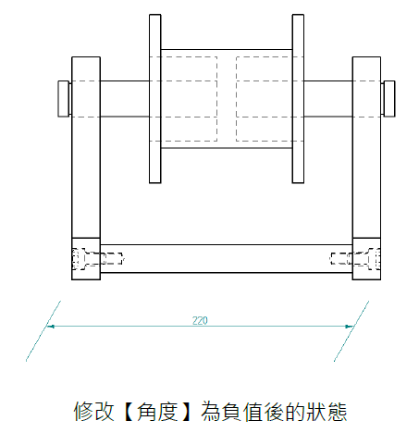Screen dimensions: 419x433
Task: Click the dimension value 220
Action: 200,320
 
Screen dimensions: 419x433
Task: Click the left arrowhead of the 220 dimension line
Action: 51,326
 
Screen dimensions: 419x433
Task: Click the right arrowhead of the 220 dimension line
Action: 350,326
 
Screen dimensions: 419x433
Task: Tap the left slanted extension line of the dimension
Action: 43,331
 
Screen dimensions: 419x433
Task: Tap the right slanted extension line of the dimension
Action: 351,331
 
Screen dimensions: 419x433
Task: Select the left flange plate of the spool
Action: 155,99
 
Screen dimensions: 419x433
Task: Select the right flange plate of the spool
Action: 298,99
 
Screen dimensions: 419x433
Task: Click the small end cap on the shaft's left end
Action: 64,99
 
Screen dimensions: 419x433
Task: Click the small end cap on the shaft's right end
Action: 389,99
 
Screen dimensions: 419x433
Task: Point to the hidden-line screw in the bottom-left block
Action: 98,259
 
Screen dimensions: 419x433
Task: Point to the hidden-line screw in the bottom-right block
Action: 355,259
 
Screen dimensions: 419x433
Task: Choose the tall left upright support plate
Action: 86,147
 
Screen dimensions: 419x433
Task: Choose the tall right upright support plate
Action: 366,147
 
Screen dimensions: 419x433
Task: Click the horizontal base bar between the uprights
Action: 227,259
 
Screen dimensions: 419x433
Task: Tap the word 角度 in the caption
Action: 157,412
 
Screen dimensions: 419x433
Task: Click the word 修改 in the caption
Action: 93,412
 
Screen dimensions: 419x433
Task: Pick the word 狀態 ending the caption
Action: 327,412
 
